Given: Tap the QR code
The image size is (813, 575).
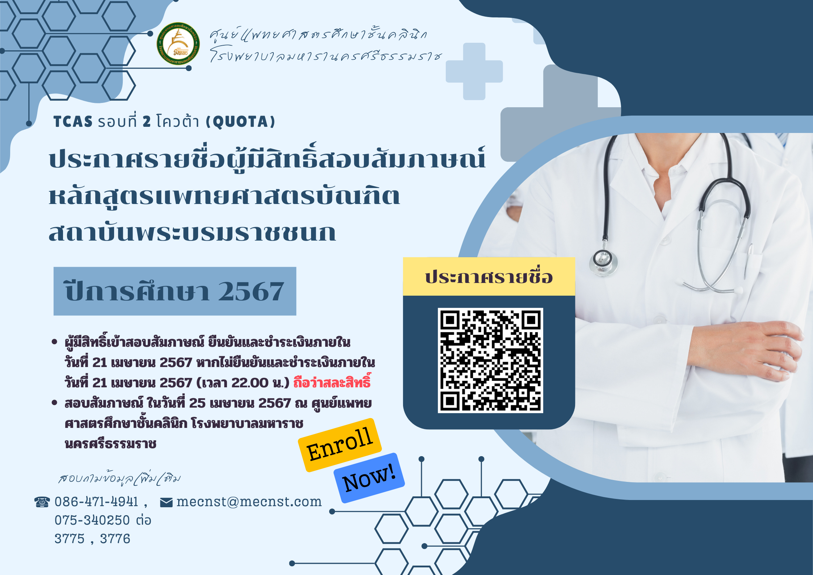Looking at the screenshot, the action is (x=490, y=361).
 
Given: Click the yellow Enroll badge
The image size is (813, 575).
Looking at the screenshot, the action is (x=340, y=445).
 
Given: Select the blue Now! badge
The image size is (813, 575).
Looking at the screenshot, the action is (x=369, y=478).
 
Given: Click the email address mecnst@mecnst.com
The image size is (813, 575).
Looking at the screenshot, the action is (x=249, y=502).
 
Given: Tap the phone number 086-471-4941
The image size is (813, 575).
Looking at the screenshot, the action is (x=96, y=502).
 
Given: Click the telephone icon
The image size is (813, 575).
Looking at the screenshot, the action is (x=42, y=502).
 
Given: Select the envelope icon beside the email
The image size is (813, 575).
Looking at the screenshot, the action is (x=166, y=503).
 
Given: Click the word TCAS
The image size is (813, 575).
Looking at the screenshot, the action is (x=73, y=122).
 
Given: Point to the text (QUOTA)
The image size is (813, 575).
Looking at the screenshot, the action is (x=240, y=122).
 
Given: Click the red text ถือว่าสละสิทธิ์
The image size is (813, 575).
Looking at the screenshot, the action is (x=332, y=382).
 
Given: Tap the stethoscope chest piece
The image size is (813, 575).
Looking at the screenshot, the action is (x=603, y=260).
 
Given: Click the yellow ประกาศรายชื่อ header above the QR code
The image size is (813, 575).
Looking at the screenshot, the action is (x=489, y=277).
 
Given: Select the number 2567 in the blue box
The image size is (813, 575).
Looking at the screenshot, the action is (x=251, y=292).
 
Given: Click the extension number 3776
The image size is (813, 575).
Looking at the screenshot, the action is (x=115, y=539).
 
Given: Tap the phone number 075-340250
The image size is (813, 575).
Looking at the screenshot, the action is (x=92, y=520).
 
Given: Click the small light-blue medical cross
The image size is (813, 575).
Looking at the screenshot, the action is (x=474, y=71).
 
